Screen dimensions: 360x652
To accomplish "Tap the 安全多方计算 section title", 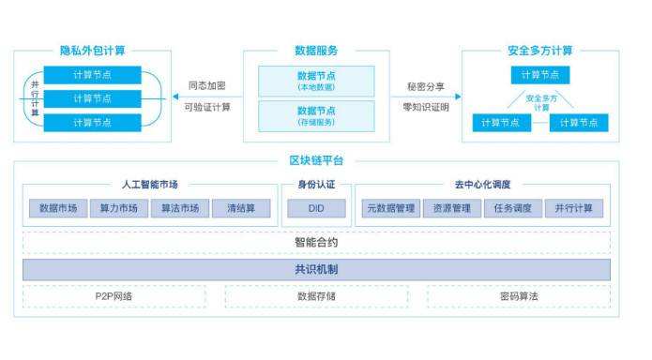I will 540,51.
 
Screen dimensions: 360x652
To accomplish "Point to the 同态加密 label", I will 207,85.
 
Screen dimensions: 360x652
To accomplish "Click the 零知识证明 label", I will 426,107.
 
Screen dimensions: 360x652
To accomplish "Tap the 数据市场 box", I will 58,208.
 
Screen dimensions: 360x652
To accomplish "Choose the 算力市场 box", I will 119,208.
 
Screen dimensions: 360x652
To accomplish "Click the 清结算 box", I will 241,208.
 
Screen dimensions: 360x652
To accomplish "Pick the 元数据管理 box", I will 389,208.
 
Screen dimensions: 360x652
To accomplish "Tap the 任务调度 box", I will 512,208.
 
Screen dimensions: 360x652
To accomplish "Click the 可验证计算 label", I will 207,107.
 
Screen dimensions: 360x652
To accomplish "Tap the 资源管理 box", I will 450,208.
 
